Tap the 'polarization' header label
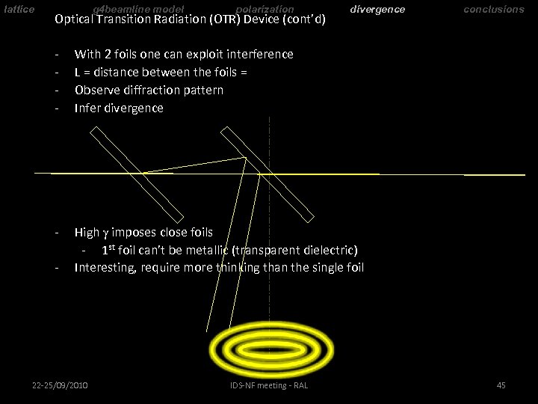tap(265, 9)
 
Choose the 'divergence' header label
tap(377, 9)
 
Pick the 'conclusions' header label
tap(494, 9)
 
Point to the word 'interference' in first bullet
tap(259, 54)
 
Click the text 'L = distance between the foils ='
tap(161, 72)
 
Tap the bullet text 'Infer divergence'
tap(119, 108)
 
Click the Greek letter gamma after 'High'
tap(108, 233)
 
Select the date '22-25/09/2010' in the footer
tap(60, 385)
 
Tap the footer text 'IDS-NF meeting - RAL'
tap(269, 385)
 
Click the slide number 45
tap(501, 385)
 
